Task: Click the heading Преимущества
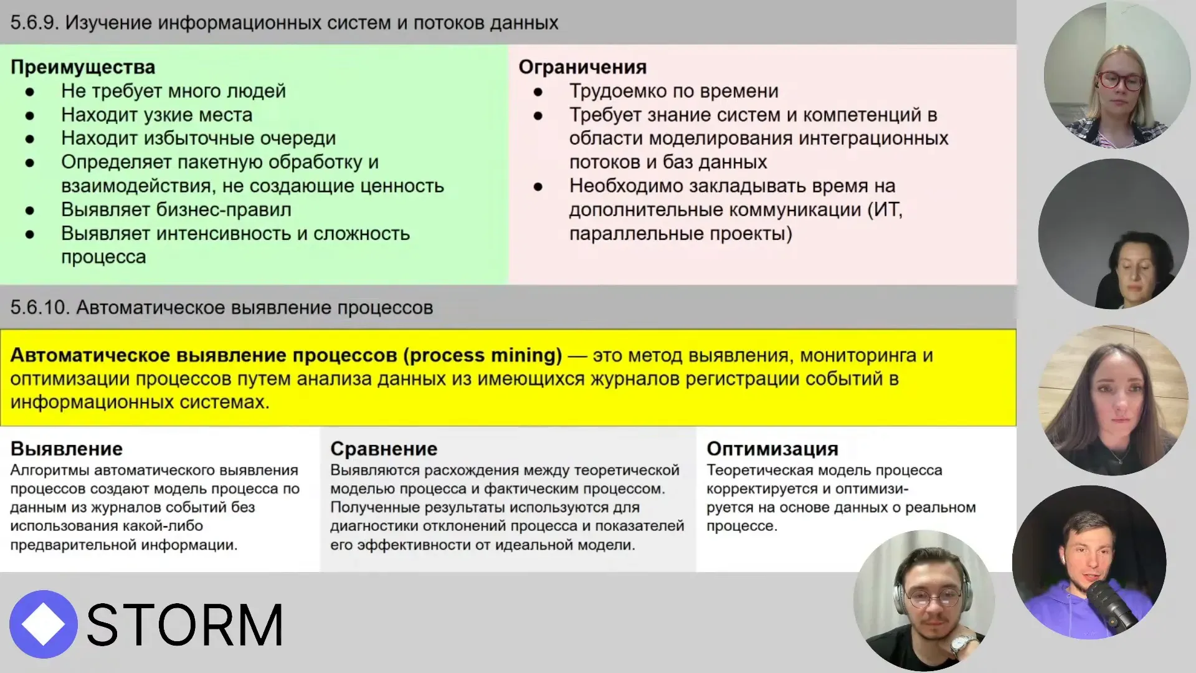83,67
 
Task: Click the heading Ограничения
582,67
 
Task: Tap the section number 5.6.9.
34,23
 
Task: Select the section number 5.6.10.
39,308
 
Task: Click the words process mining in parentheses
483,355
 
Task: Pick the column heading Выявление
67,449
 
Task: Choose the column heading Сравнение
384,449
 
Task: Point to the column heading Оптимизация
772,449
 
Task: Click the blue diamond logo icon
43,624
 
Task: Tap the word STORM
185,625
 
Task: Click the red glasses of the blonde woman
1119,80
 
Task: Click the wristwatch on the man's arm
962,644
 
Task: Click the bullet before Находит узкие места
30,116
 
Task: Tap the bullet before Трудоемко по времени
538,92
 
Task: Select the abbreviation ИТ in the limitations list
887,210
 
